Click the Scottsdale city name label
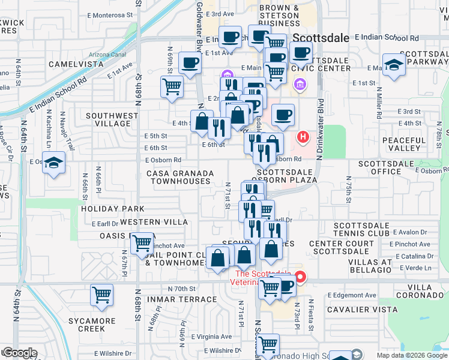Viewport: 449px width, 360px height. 321,38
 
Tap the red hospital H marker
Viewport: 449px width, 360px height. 303,137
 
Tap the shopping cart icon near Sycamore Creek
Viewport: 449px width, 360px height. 101,295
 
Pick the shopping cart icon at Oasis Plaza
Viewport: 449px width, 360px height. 142,244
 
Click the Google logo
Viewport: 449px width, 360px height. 19,353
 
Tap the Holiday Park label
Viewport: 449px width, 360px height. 113,209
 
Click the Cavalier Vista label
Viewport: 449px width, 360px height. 358,310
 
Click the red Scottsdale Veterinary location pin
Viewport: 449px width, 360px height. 300,277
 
